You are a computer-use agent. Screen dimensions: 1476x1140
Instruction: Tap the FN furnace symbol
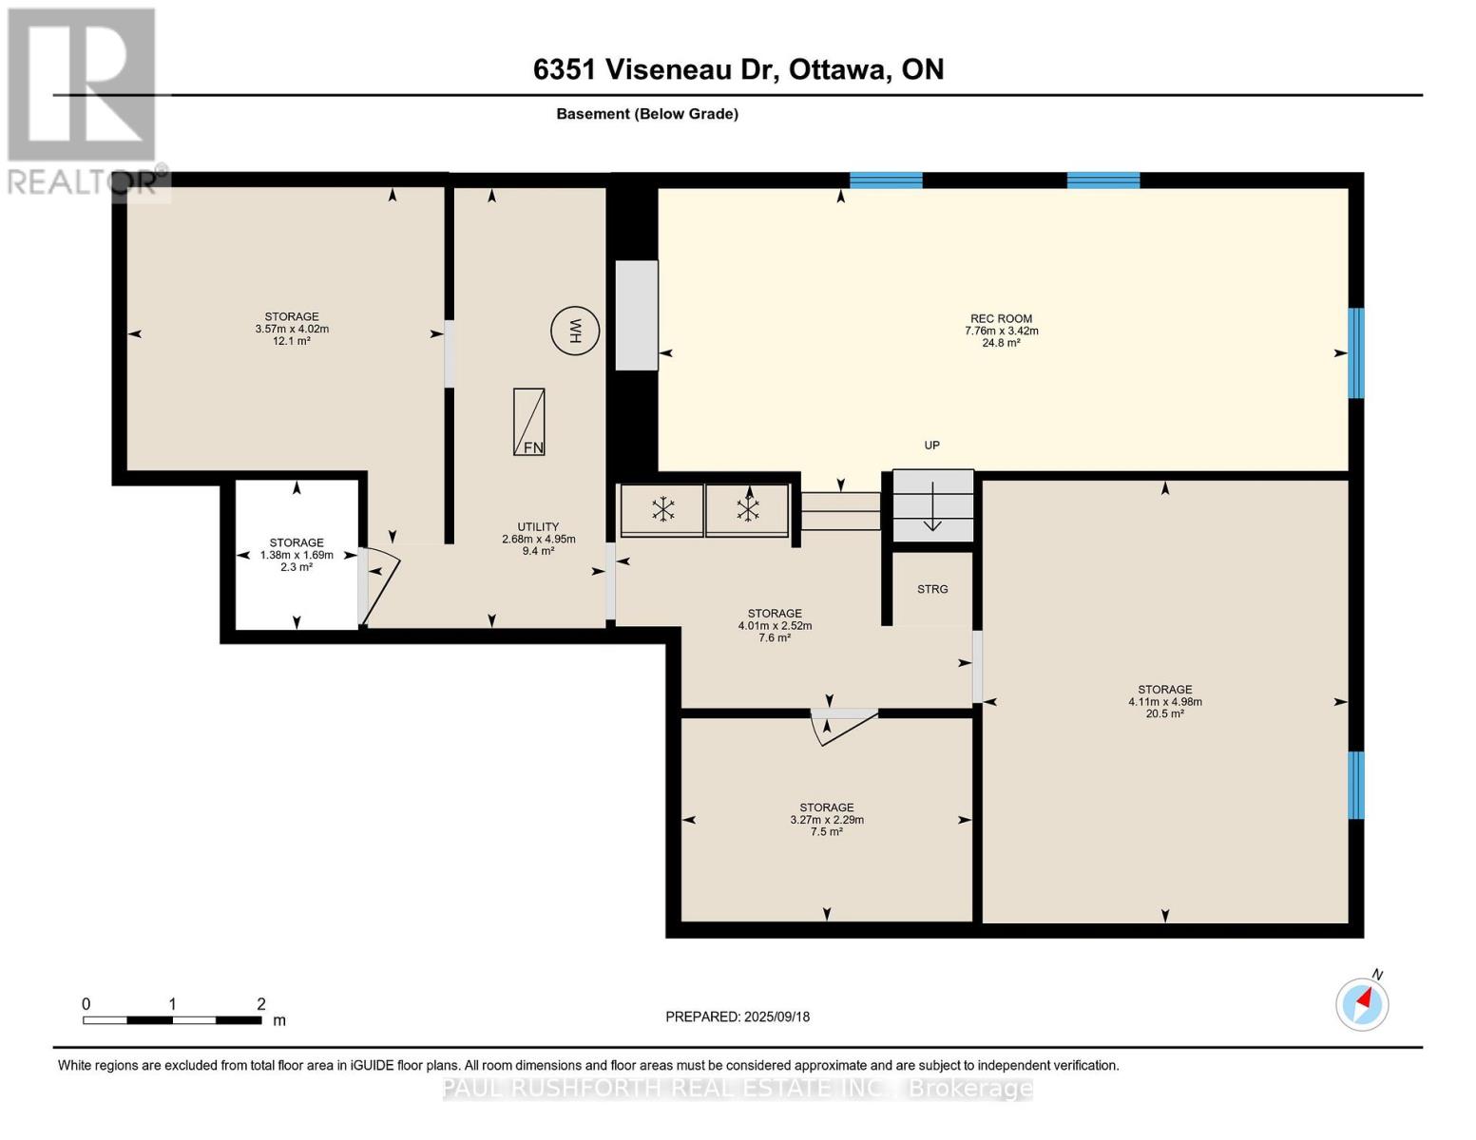click(528, 422)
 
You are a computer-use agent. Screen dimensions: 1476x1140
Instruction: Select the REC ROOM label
click(1001, 318)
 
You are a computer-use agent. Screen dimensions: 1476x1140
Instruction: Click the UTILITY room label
click(538, 527)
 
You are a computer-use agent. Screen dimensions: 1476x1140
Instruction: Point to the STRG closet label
click(932, 589)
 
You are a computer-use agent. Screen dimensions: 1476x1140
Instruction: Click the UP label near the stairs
click(932, 446)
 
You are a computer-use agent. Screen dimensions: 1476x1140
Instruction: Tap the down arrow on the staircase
click(932, 505)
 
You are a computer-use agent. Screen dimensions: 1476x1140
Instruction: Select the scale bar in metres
click(173, 1019)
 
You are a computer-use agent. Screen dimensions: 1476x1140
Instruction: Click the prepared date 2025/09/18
click(777, 1016)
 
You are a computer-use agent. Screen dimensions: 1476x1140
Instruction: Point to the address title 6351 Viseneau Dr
click(656, 69)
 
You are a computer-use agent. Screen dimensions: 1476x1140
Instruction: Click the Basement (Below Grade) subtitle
click(647, 114)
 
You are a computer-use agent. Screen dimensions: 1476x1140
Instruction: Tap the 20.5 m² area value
click(1165, 713)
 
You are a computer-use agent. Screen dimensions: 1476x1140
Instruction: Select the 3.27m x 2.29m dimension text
click(827, 820)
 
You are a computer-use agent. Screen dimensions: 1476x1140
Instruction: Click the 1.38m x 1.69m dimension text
click(297, 555)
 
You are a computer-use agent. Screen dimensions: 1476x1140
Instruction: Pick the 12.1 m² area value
click(292, 341)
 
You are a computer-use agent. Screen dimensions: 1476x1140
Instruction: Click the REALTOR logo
click(83, 102)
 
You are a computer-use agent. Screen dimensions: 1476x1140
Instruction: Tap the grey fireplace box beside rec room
click(637, 315)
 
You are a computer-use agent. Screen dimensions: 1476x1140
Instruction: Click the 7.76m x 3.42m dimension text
click(1001, 331)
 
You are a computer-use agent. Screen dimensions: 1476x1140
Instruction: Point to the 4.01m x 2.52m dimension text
click(775, 625)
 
